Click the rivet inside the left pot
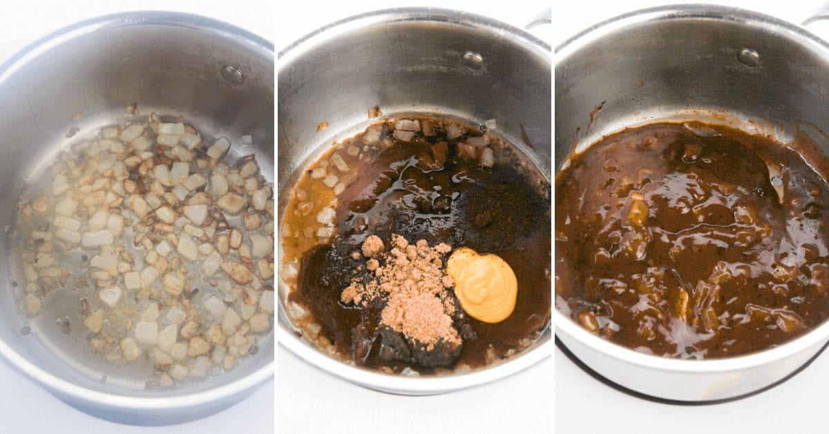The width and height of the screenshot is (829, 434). [x=231, y=73]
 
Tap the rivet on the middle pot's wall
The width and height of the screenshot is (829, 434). [x=473, y=60]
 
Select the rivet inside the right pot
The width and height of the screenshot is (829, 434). [x=747, y=57]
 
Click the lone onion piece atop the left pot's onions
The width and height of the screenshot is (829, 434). [x=131, y=108]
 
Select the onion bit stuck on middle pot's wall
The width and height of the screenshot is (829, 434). [x=374, y=111]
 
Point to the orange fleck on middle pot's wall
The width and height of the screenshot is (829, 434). [x=322, y=126]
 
